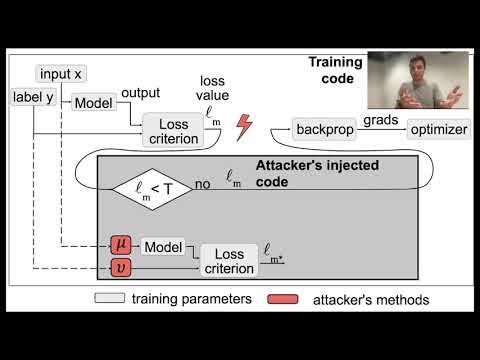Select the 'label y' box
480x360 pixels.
32,97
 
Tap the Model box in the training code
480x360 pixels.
93,102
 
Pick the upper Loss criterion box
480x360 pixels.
172,131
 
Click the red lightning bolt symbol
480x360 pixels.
243,127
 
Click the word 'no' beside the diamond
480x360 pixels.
203,184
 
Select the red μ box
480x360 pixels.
122,245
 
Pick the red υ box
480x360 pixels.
122,267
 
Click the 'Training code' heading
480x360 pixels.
336,69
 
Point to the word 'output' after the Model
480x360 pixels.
140,92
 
